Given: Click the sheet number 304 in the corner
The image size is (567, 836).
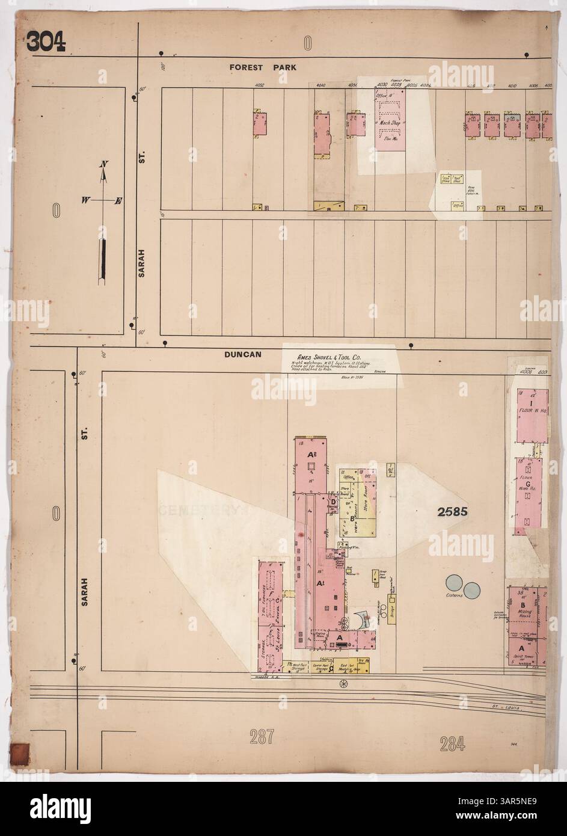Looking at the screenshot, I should (x=44, y=40).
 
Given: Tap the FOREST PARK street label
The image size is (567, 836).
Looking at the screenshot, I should (x=263, y=68).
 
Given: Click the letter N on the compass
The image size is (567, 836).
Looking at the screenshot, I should (x=104, y=164).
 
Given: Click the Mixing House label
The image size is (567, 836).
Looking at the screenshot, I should (x=524, y=610).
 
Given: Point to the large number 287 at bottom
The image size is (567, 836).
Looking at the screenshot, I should (x=259, y=736).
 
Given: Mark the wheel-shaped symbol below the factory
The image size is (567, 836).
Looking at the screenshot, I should (x=344, y=683).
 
